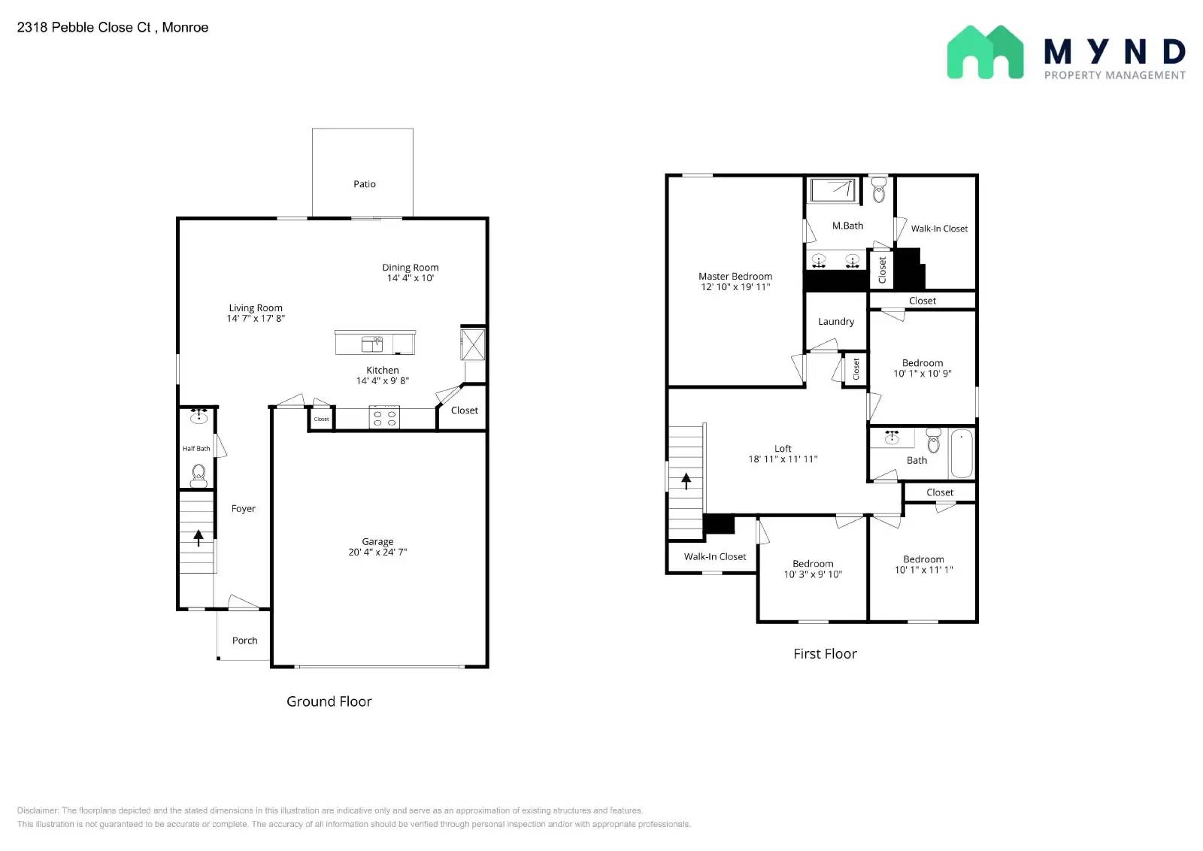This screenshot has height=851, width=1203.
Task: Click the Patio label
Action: [x=364, y=184]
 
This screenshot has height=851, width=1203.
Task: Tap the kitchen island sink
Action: [x=372, y=344]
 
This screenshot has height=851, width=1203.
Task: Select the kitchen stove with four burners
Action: [x=384, y=418]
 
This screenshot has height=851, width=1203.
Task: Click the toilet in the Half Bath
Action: [x=198, y=476]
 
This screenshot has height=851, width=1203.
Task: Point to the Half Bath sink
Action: [x=198, y=416]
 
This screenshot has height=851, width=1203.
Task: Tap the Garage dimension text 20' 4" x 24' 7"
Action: [x=377, y=552]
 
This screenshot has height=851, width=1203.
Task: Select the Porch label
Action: [x=244, y=641]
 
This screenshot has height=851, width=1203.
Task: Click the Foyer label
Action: [x=244, y=508]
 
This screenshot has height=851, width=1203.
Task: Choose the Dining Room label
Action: [x=411, y=268]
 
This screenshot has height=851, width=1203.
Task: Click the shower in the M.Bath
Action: [x=832, y=190]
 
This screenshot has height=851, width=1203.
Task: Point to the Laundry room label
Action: [x=835, y=322]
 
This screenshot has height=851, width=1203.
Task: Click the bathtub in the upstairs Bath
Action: [x=962, y=453]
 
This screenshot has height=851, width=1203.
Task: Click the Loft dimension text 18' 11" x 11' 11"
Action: [x=783, y=459]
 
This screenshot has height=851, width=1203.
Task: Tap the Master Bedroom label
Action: [x=735, y=277]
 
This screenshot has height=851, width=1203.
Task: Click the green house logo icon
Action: [x=985, y=52]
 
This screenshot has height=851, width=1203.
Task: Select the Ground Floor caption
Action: [x=329, y=701]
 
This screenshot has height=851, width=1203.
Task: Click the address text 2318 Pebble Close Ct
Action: [x=83, y=27]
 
